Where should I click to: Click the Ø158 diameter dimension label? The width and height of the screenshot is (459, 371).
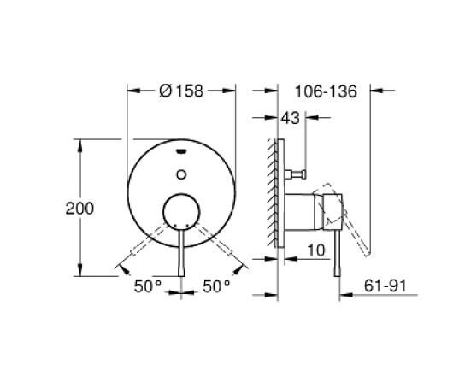click(181, 91)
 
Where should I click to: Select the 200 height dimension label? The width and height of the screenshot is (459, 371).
click(79, 209)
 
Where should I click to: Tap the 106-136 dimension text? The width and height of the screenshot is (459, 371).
click(326, 91)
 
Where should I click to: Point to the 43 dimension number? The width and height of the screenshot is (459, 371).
click(291, 118)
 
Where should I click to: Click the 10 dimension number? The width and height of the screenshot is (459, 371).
click(316, 250)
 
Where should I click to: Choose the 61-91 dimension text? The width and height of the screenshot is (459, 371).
click(385, 286)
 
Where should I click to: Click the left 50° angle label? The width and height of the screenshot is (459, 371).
click(148, 286)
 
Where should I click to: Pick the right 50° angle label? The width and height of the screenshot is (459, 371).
click(216, 286)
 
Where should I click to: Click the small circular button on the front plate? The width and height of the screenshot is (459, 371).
click(181, 174)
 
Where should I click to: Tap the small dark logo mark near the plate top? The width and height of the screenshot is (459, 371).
click(181, 151)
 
